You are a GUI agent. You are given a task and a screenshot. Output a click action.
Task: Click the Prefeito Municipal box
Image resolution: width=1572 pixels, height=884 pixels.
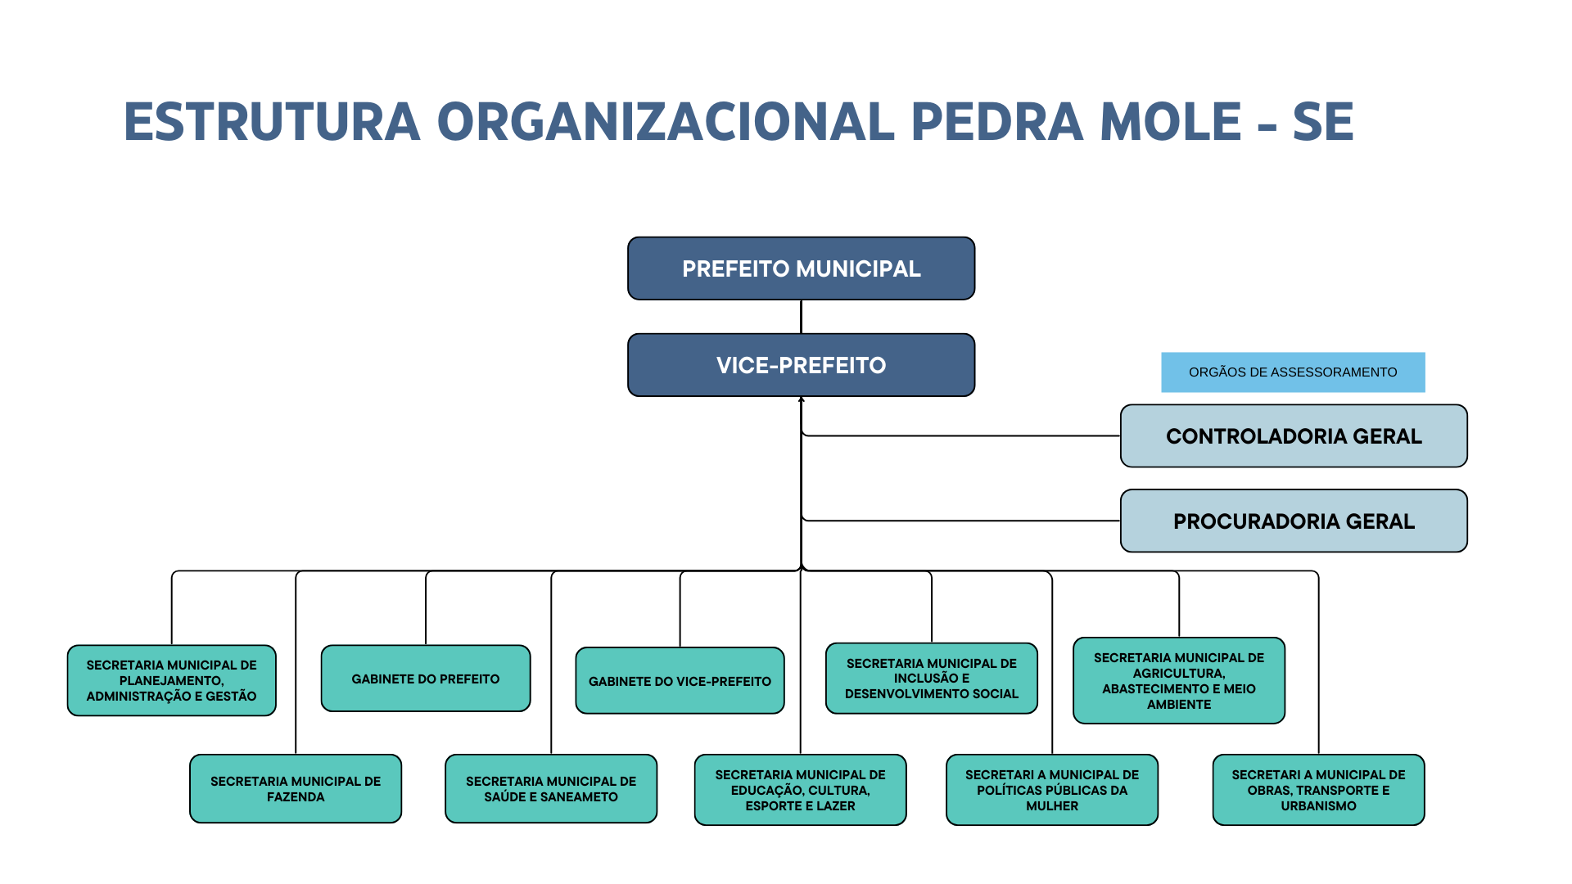[801, 268]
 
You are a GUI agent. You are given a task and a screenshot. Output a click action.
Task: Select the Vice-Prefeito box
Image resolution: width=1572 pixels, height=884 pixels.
[801, 365]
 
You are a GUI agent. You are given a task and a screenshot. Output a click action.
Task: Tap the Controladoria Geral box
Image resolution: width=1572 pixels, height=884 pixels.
[1294, 436]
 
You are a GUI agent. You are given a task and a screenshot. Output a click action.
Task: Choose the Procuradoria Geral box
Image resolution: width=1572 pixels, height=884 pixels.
[1294, 521]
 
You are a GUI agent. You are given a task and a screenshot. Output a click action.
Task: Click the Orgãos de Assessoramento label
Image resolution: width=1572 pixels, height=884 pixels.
[1293, 372]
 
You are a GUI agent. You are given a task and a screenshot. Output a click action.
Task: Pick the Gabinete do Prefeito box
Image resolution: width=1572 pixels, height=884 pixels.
[426, 679]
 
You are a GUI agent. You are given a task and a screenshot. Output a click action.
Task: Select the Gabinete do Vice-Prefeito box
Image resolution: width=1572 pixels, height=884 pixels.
[680, 681]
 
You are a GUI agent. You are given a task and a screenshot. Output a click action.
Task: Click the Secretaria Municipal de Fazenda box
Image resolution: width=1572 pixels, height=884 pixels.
[296, 789]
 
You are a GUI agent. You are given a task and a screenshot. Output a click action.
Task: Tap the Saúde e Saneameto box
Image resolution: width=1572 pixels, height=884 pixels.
[551, 789]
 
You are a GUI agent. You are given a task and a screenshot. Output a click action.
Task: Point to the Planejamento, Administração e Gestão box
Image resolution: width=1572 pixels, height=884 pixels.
[172, 680]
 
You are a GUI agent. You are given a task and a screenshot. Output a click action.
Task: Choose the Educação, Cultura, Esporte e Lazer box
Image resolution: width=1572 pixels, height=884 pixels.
[800, 790]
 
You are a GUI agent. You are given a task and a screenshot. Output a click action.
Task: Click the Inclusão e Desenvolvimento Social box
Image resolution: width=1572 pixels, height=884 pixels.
[932, 679]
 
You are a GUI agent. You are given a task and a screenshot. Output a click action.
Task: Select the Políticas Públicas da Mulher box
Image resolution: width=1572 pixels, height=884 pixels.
[1052, 790]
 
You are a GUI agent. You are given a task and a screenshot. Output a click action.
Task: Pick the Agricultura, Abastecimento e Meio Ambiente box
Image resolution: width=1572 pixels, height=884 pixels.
[1179, 680]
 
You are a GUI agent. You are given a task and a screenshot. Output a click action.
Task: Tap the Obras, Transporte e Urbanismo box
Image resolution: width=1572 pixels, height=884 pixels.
[1318, 790]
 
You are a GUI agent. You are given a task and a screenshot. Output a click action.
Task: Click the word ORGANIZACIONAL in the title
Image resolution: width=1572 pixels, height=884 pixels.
[666, 123]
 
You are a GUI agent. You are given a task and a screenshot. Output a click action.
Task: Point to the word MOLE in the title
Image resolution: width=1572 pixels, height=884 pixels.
[1171, 123]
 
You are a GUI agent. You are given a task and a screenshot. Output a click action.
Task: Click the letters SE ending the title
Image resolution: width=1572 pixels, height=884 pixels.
[1323, 123]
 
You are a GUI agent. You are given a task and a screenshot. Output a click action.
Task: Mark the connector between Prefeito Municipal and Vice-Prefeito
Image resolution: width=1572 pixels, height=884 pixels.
[801, 317]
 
